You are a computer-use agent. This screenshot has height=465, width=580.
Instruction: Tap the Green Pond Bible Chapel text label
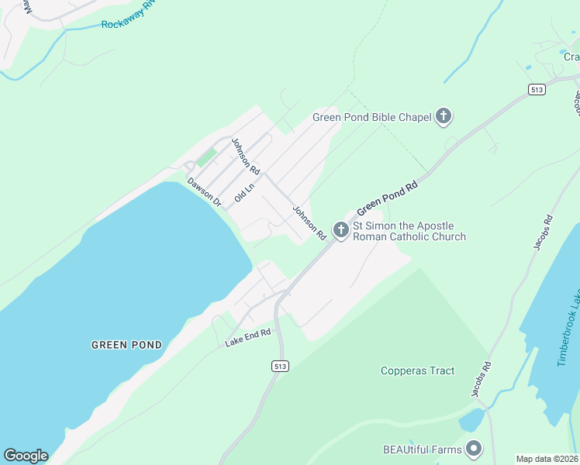(371, 117)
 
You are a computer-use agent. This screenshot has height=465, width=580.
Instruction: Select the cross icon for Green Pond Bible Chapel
(444, 117)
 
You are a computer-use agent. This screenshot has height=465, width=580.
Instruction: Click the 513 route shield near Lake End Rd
(281, 365)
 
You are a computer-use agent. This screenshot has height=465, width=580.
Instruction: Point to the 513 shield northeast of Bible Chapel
(537, 90)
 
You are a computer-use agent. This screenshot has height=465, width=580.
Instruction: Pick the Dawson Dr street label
(205, 191)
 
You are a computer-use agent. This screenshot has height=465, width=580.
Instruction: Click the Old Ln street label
(245, 191)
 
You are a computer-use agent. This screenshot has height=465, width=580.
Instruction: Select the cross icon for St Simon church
(340, 229)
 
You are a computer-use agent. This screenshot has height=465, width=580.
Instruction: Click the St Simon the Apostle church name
(409, 231)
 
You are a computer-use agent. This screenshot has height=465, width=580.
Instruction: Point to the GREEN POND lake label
(126, 345)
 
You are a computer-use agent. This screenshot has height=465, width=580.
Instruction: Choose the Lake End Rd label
(247, 336)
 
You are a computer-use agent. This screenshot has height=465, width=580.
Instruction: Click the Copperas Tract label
(417, 370)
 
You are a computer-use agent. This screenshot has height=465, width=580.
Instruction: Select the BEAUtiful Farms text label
(422, 449)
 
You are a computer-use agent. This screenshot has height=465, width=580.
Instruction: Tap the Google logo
(26, 456)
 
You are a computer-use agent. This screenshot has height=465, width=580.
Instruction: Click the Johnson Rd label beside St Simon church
(309, 222)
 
